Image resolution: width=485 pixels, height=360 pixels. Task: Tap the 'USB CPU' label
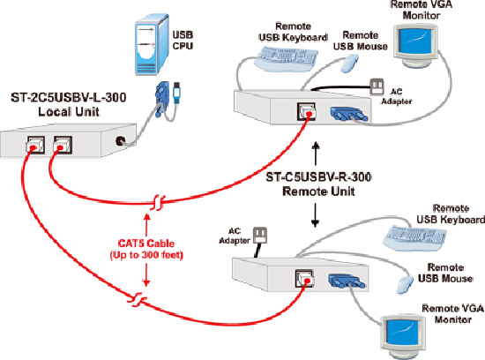[183, 41]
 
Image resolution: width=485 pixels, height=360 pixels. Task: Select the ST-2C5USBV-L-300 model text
[69, 98]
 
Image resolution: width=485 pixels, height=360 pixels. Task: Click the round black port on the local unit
[120, 141]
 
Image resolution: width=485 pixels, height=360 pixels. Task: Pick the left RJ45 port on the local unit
[35, 145]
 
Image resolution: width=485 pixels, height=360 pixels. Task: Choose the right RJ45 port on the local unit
[63, 145]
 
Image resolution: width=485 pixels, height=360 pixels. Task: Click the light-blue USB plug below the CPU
[176, 93]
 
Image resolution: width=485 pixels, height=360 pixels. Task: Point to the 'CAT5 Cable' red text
[146, 244]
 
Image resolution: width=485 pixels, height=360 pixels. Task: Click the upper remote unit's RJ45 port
[306, 111]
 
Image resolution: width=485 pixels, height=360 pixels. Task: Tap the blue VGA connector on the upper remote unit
[349, 114]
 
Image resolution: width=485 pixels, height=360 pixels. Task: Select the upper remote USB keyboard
[286, 59]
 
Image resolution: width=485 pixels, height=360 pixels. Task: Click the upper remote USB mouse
[349, 64]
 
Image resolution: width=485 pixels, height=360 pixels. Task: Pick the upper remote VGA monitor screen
[414, 41]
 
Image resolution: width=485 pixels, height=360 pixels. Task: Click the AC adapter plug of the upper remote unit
[377, 86]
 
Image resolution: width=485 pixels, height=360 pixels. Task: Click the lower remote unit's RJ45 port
[305, 278]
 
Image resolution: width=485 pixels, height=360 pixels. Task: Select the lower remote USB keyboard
[415, 237]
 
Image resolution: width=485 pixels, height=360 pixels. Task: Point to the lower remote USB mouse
[406, 284]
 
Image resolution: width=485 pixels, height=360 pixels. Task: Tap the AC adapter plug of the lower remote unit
[260, 236]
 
